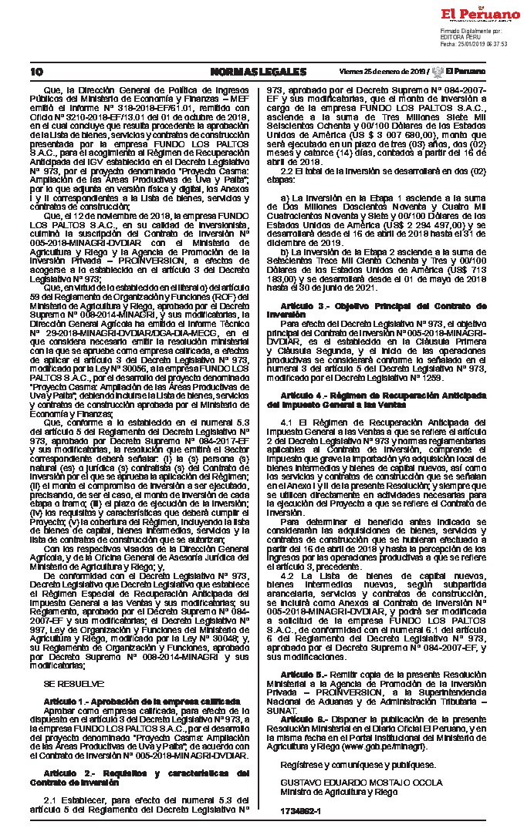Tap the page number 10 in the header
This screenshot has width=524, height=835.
(x=37, y=72)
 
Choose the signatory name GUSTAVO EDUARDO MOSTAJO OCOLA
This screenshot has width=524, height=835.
(x=352, y=783)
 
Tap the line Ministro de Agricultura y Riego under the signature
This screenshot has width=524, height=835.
(x=328, y=791)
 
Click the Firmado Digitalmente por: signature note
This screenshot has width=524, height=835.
(x=471, y=31)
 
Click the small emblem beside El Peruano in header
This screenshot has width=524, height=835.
(x=437, y=72)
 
